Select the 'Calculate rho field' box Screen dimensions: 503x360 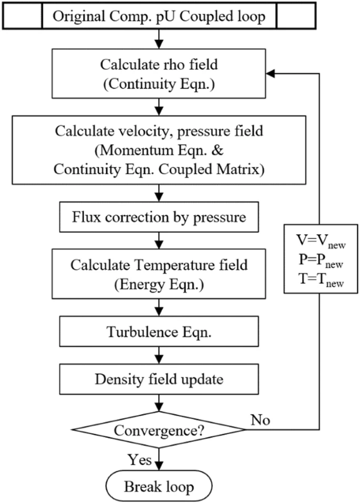click(x=159, y=75)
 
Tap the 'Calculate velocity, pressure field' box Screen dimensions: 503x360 click(x=159, y=150)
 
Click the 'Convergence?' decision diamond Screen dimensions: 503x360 click(x=159, y=430)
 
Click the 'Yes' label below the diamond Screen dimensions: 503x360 click(x=140, y=460)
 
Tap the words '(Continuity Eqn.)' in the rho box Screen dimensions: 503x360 click(x=159, y=84)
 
